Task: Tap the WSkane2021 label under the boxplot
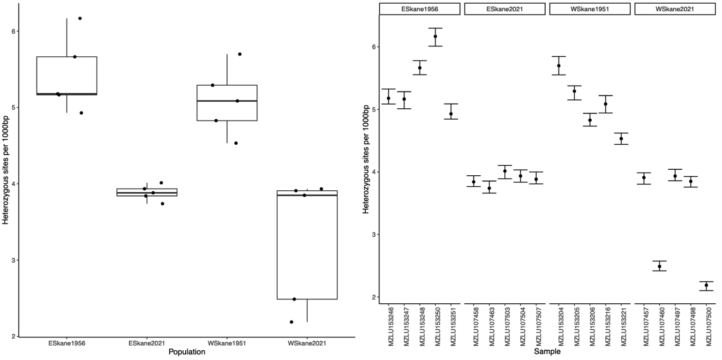tap(307, 343)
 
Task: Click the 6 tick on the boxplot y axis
tap(13, 31)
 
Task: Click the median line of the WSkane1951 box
tap(227, 101)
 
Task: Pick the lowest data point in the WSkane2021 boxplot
tap(292, 322)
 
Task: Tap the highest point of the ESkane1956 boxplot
tap(80, 18)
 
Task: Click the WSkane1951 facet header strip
tap(590, 8)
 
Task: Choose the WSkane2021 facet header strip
tap(675, 8)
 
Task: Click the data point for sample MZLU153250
tap(435, 37)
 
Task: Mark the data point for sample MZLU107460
tap(660, 266)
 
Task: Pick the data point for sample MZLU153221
tap(621, 139)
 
